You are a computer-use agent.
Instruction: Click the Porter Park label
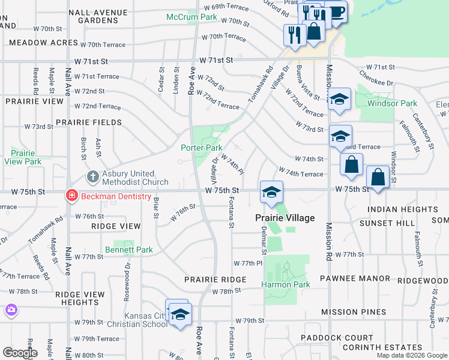pos(202,148)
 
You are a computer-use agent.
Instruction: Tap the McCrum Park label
pos(191,17)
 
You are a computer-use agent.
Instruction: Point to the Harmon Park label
pos(287,284)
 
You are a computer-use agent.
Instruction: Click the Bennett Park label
pos(129,250)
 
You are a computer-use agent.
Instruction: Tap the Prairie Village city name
pos(285,218)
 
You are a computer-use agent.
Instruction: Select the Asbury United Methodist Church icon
pos(92,177)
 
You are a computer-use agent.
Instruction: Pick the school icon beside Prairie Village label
pos(271,193)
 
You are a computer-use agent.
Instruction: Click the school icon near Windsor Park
pos(339,100)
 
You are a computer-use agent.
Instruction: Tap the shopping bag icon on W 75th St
pos(378,178)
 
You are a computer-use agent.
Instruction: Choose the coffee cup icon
pos(336,12)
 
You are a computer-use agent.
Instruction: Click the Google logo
pos(20,353)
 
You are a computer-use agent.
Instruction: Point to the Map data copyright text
pos(412,355)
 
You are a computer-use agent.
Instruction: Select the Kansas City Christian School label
pos(146,320)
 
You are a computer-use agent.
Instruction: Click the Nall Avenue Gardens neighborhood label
pos(98,16)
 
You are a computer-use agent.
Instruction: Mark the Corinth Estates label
pos(382,347)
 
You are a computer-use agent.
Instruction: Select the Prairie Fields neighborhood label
pos(89,122)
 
